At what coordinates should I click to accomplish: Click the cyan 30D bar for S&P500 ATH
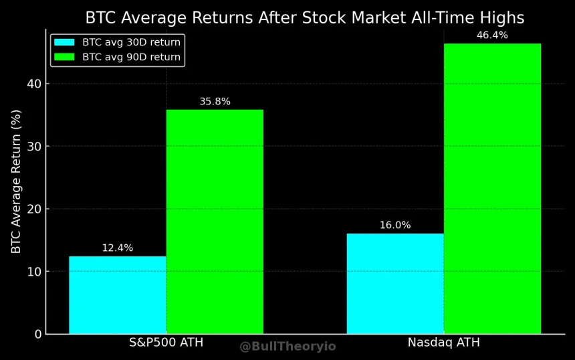click(118, 294)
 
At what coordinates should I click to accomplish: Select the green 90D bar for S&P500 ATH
click(215, 221)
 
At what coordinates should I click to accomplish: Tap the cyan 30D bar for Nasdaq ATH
click(395, 283)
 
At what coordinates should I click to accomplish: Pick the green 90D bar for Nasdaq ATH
click(492, 188)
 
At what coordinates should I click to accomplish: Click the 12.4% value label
click(118, 248)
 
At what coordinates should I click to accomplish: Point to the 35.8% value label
click(215, 102)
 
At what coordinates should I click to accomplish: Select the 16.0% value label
click(395, 226)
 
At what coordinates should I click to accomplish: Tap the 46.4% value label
click(492, 35)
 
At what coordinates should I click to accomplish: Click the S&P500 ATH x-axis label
click(166, 343)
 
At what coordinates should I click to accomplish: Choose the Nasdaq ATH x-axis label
click(443, 343)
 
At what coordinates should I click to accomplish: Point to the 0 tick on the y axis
click(37, 334)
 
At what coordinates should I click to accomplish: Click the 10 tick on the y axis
click(34, 272)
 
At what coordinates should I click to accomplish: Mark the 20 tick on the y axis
click(34, 209)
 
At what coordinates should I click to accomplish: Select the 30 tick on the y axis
click(34, 147)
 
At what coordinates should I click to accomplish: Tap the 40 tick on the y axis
click(34, 84)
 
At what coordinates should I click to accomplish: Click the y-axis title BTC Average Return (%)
click(17, 181)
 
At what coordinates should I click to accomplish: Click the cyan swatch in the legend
click(65, 42)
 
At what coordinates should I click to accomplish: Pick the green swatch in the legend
click(65, 57)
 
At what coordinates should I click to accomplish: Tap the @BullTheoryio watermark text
click(287, 347)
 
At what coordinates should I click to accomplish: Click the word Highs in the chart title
click(501, 18)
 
